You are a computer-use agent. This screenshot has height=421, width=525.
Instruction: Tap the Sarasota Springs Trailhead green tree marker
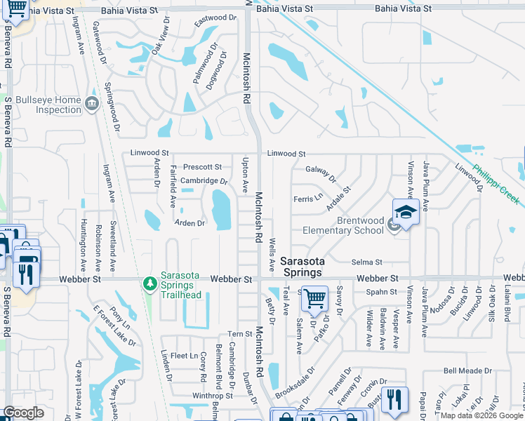pyautogui.click(x=149, y=283)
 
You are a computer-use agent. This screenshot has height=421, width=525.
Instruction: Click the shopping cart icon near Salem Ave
pyautogui.click(x=314, y=299)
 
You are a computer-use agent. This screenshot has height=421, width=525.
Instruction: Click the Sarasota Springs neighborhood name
pyautogui.click(x=302, y=267)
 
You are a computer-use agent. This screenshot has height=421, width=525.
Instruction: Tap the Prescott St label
pyautogui.click(x=202, y=168)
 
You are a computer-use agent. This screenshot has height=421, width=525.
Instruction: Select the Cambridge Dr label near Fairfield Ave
pyautogui.click(x=204, y=181)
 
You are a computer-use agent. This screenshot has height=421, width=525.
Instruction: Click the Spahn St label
pyautogui.click(x=382, y=292)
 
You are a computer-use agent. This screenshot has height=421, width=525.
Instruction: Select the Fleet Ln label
pyautogui.click(x=184, y=356)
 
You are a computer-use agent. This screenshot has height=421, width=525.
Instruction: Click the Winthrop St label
pyautogui.click(x=207, y=396)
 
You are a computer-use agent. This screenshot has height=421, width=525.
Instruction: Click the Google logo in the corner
pyautogui.click(x=23, y=413)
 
